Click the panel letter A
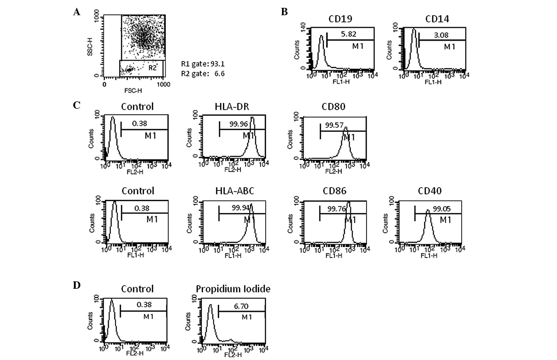(x=77, y=12)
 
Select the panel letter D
(x=77, y=285)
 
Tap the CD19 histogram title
(x=340, y=19)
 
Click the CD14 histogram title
(x=437, y=19)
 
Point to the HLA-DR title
(x=232, y=107)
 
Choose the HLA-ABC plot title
(x=235, y=191)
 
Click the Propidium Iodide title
(x=233, y=289)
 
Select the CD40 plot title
(x=430, y=191)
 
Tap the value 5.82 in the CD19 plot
(x=348, y=34)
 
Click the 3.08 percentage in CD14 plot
(x=441, y=35)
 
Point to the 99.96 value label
(x=238, y=124)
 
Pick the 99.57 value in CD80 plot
(x=334, y=125)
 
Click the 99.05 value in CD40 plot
(x=441, y=209)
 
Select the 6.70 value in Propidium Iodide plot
(x=241, y=306)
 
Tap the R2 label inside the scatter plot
(x=152, y=68)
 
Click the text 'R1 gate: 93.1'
(x=203, y=64)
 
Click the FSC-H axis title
(x=133, y=91)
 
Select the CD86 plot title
(x=334, y=191)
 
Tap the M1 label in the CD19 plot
(x=358, y=46)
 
